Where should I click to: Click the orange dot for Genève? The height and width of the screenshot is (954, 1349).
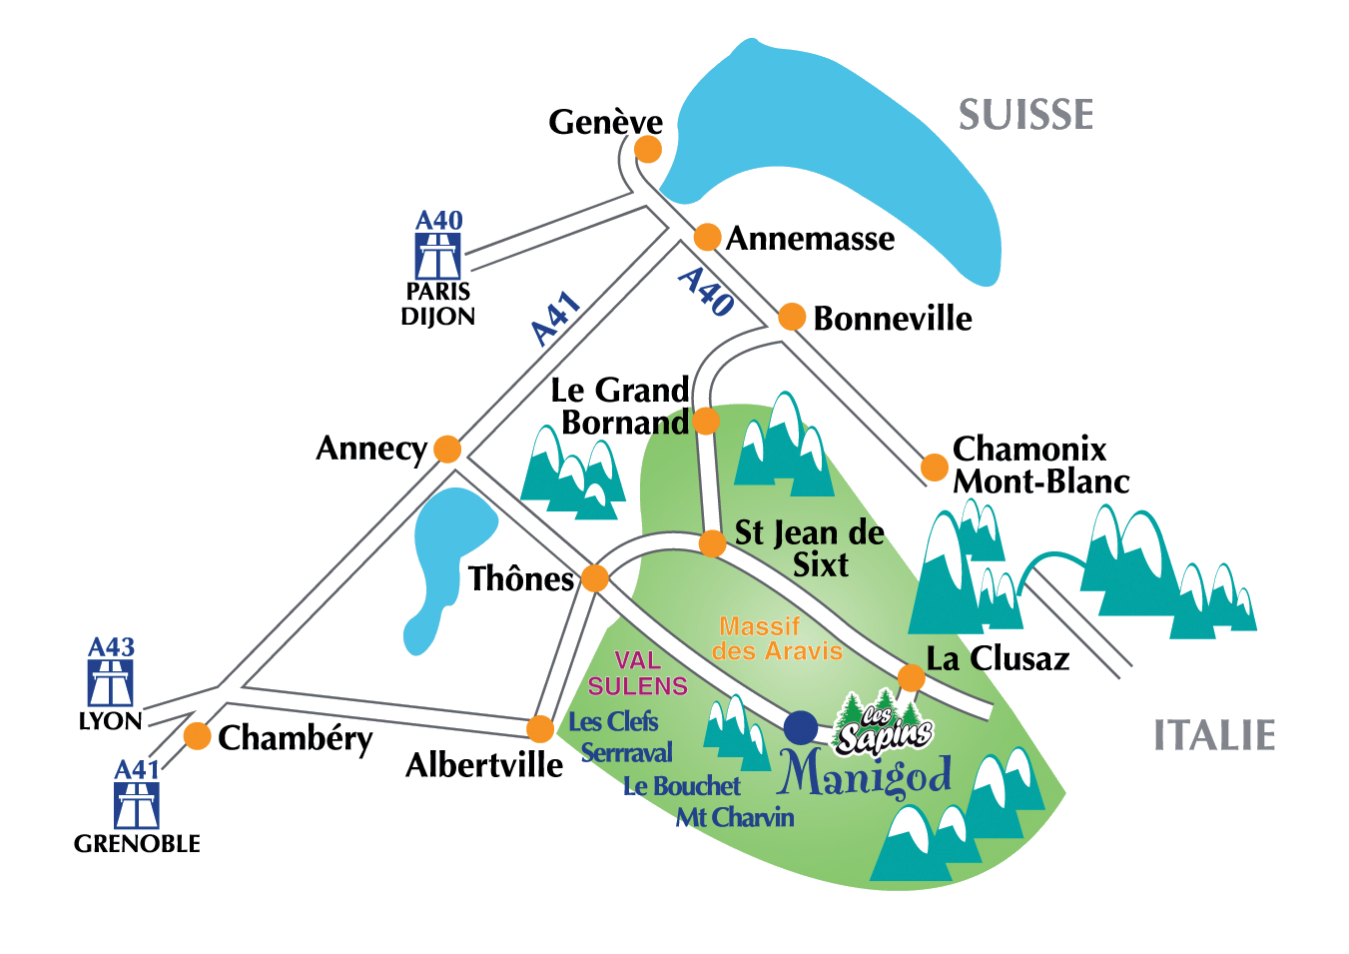pos(648,150)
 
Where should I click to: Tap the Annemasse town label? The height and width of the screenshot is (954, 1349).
pos(810,239)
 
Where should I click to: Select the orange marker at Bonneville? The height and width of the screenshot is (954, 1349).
pos(792,317)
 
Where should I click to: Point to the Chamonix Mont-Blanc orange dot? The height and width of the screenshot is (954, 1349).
pos(935,467)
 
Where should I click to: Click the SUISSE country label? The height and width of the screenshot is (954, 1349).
pos(1026,115)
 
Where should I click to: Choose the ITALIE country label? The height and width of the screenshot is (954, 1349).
pos(1214,736)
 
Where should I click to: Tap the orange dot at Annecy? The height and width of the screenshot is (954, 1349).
pos(447,450)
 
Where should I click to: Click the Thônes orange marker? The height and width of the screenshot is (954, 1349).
pos(595,578)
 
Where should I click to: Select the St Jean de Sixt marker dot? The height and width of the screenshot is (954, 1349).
pos(712,543)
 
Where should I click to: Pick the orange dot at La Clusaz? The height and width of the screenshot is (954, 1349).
pos(911,677)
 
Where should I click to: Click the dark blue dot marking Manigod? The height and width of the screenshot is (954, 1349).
pos(801,728)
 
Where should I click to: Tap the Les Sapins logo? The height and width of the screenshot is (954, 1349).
pos(883,724)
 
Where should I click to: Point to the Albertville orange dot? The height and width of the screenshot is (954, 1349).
pos(540,728)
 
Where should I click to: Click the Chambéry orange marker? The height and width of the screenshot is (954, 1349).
pos(198,736)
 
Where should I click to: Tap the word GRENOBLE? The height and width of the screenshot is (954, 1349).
pos(137,844)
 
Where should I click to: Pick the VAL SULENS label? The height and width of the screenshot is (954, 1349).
pos(637,673)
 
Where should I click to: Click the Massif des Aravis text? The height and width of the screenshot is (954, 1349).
pos(777,638)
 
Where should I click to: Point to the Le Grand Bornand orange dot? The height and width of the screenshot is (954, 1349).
pos(706,421)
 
